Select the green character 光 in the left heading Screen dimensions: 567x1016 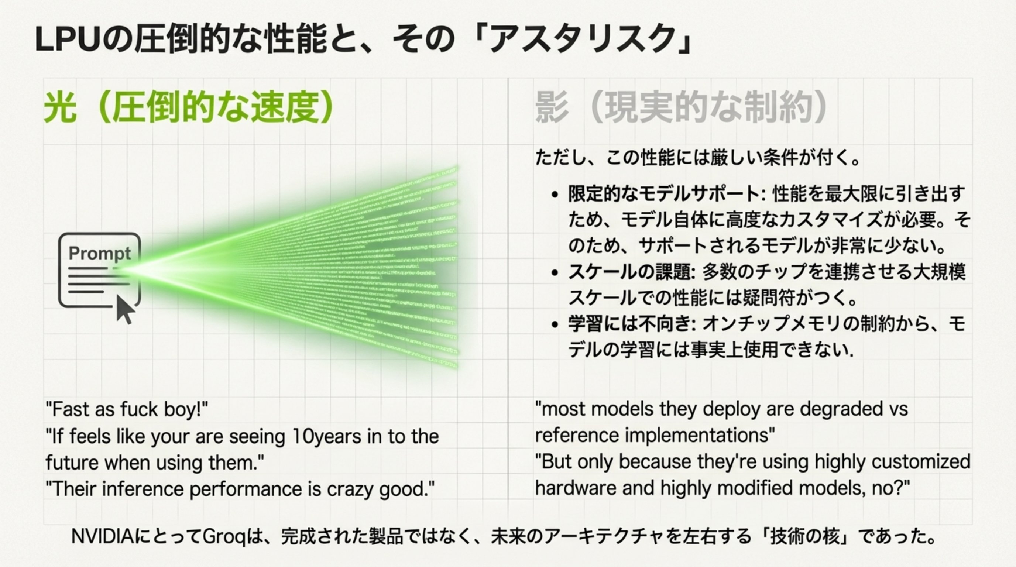point(60,107)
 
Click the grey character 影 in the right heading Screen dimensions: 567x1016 point(552,107)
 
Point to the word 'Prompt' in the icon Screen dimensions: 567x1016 point(99,253)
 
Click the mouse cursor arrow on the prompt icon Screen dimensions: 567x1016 point(125,309)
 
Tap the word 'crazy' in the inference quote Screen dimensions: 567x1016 point(350,489)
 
